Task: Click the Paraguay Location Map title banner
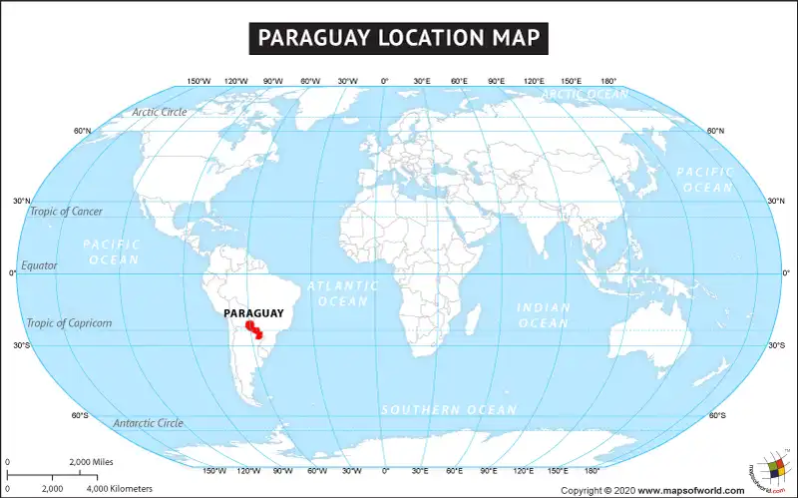399,38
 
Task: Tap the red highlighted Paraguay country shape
253,331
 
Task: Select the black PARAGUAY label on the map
253,313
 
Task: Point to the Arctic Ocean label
586,95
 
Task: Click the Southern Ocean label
449,410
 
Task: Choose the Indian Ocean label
544,315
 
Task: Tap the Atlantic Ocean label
343,293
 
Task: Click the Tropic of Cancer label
66,212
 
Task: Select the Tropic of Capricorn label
69,323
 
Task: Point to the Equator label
40,265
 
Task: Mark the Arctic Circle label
160,112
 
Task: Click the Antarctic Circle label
148,423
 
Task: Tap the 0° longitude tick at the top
385,82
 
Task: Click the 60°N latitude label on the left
82,131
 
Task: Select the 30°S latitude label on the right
776,345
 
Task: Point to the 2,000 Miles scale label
91,463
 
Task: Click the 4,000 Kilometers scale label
120,489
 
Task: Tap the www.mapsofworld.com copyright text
690,490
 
